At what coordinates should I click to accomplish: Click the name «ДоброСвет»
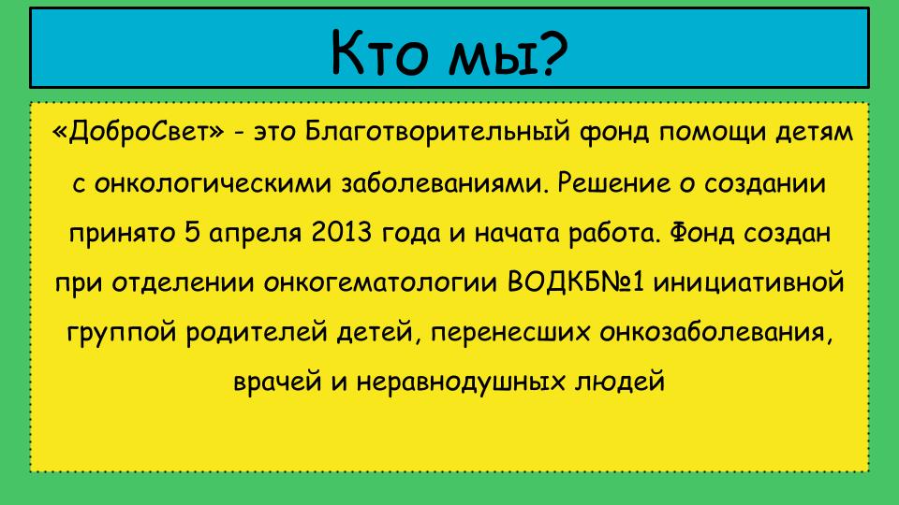coord(138,133)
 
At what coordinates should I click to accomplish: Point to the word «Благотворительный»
coord(437,133)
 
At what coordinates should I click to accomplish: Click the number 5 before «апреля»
coord(191,233)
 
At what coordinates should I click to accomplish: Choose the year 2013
coord(342,233)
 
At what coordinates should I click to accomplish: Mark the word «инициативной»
coord(749,282)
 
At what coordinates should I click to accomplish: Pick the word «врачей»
coord(277,382)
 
